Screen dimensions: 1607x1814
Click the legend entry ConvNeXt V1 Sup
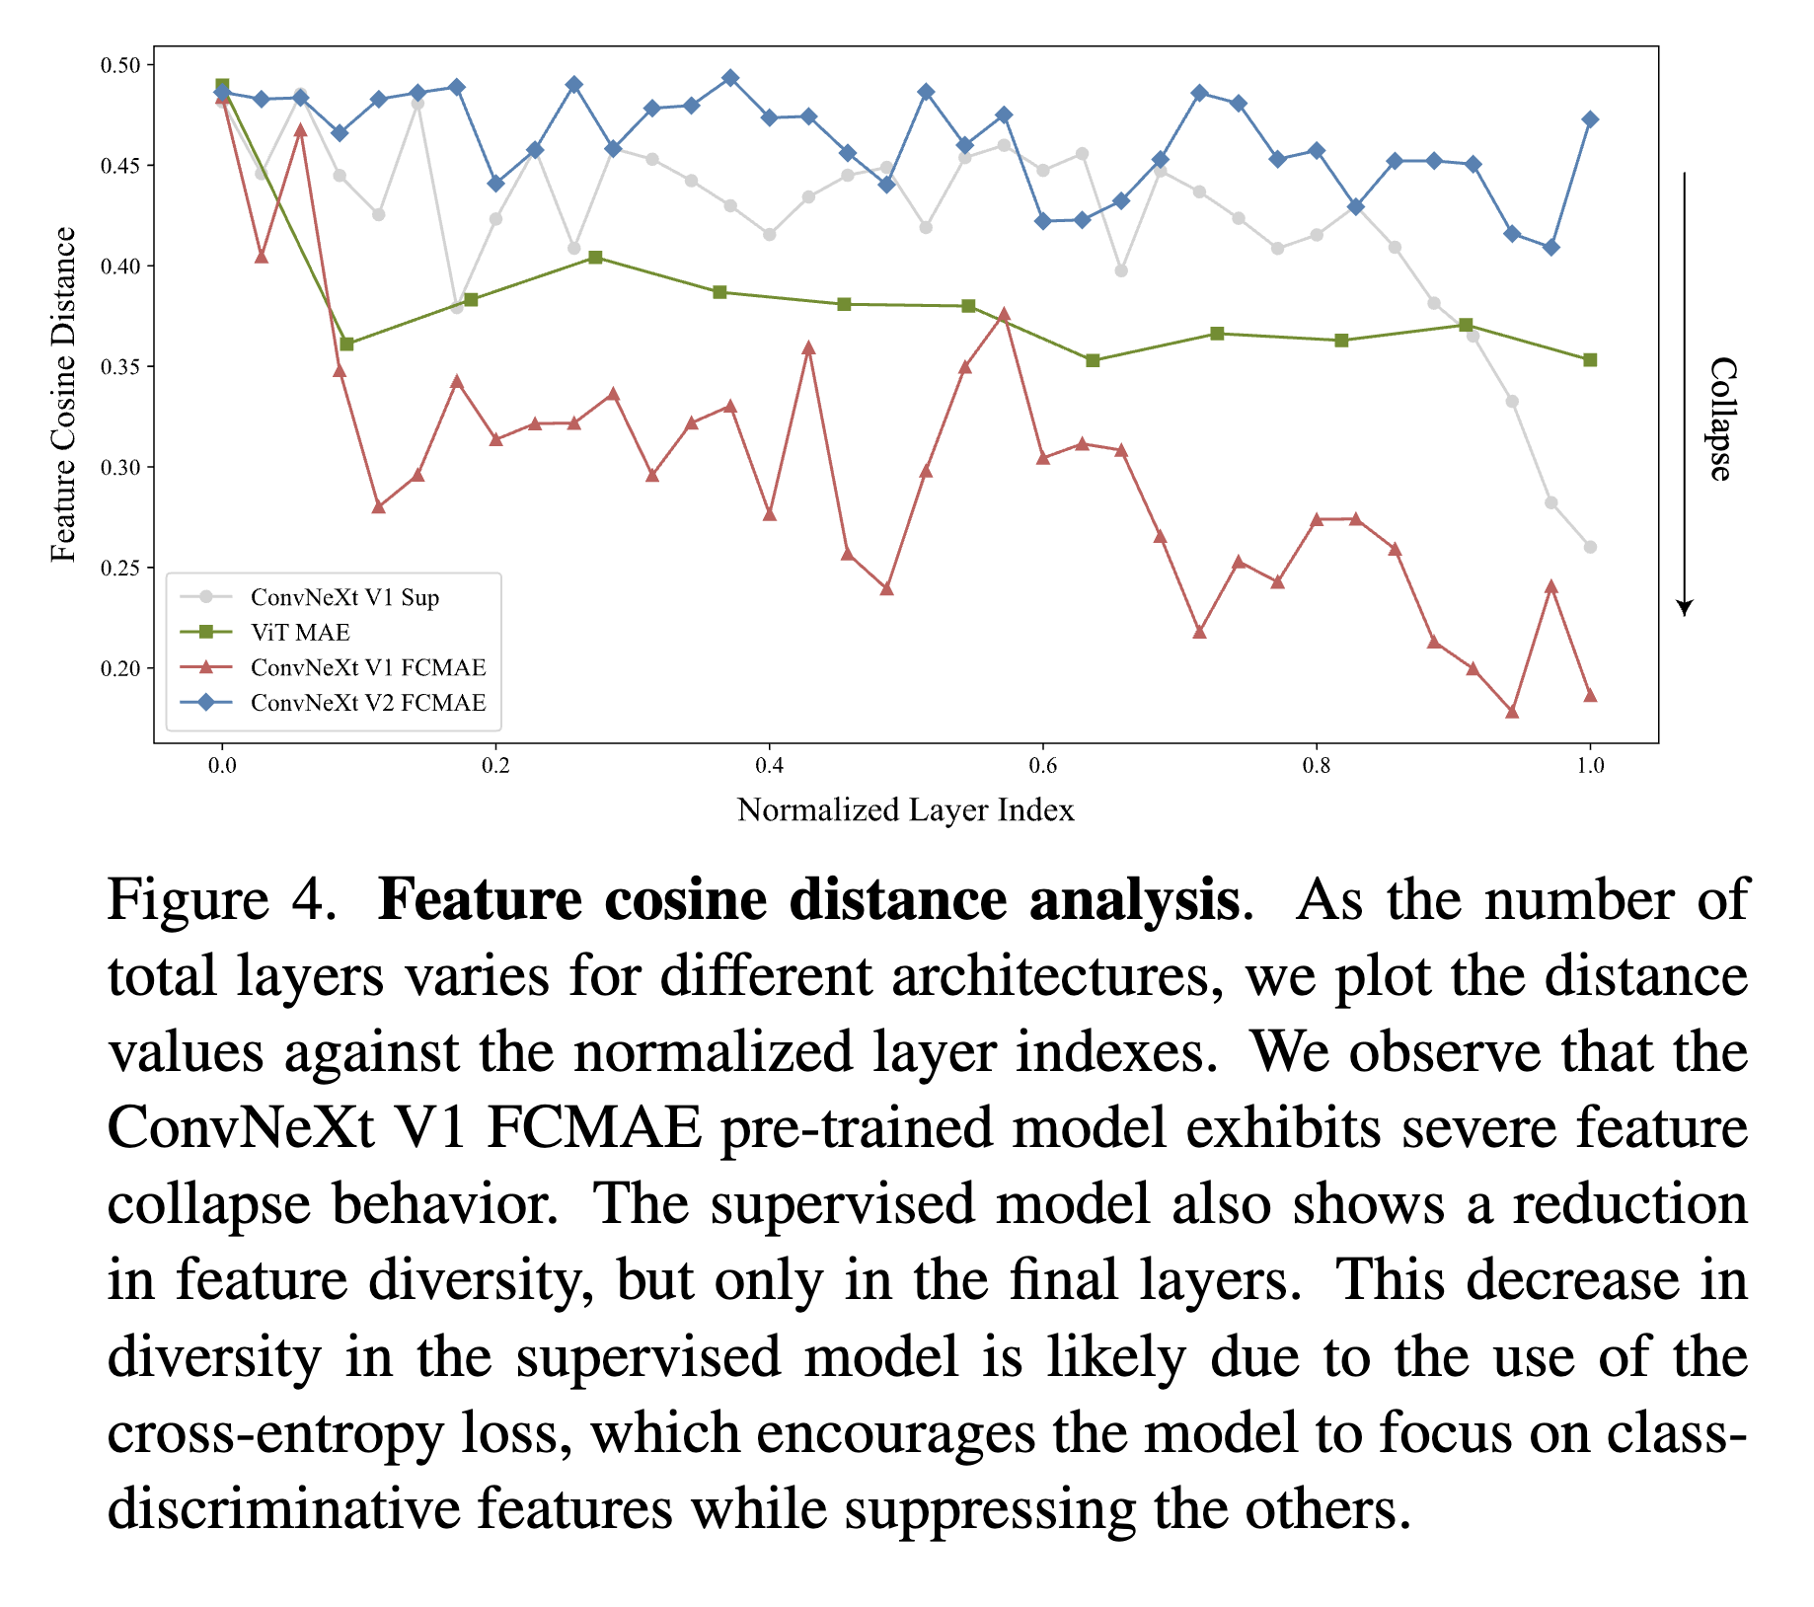pyautogui.click(x=344, y=597)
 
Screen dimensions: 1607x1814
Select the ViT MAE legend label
pyautogui.click(x=300, y=633)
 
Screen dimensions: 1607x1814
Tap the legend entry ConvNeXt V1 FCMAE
pyautogui.click(x=368, y=668)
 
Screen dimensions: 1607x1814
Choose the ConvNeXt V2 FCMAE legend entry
pyautogui.click(x=368, y=703)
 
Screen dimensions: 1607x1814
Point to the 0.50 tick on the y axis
pyautogui.click(x=120, y=65)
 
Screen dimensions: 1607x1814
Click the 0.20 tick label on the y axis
pyautogui.click(x=120, y=669)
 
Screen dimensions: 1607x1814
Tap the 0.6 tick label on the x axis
pyautogui.click(x=1042, y=765)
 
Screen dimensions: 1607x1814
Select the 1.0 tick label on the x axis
pyautogui.click(x=1590, y=765)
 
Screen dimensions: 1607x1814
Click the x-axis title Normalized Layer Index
pyautogui.click(x=905, y=810)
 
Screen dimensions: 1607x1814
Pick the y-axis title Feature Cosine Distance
pyautogui.click(x=63, y=395)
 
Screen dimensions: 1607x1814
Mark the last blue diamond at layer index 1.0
pyautogui.click(x=1590, y=119)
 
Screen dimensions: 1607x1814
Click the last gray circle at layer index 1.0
pyautogui.click(x=1590, y=547)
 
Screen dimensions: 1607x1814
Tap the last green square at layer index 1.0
pyautogui.click(x=1590, y=360)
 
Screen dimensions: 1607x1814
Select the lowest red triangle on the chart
pyautogui.click(x=1512, y=712)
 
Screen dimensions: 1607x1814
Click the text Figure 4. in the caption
pyautogui.click(x=222, y=900)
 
